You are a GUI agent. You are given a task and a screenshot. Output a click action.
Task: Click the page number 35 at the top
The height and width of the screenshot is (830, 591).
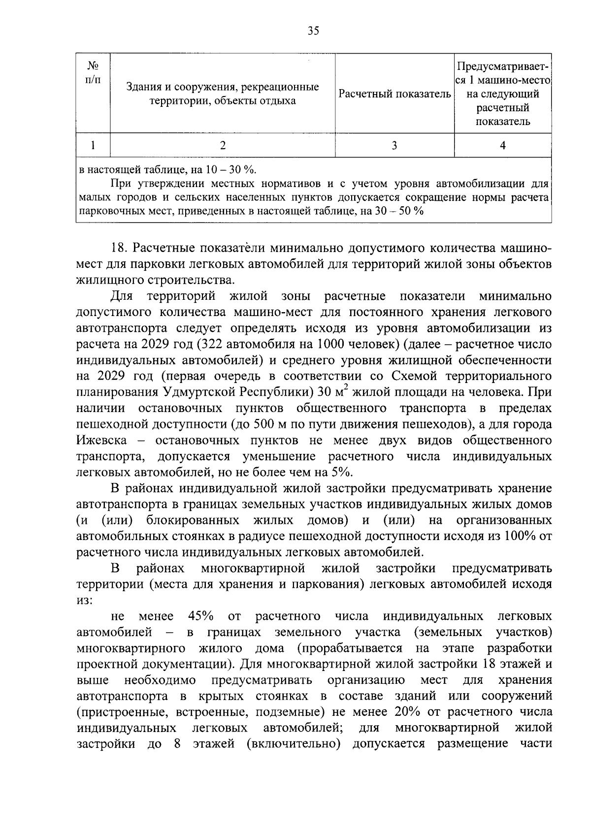pos(313,31)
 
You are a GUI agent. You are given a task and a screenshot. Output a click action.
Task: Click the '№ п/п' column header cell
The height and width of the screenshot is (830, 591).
pos(93,72)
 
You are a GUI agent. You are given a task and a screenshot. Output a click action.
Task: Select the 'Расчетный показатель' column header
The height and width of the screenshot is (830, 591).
pos(395,94)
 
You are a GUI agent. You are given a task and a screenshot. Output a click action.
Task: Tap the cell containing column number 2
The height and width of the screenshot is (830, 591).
pos(223,145)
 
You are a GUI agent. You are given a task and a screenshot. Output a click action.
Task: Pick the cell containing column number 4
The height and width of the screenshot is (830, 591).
pos(502,145)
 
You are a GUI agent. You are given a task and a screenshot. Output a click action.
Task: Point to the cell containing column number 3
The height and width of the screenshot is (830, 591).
pos(394,145)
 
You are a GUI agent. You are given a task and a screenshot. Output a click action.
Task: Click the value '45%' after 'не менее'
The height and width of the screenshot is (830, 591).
pos(200,616)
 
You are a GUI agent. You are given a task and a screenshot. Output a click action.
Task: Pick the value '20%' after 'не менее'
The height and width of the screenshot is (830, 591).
pos(407,712)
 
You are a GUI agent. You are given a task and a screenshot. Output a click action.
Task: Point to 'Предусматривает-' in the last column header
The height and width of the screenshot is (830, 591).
pos(502,66)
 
